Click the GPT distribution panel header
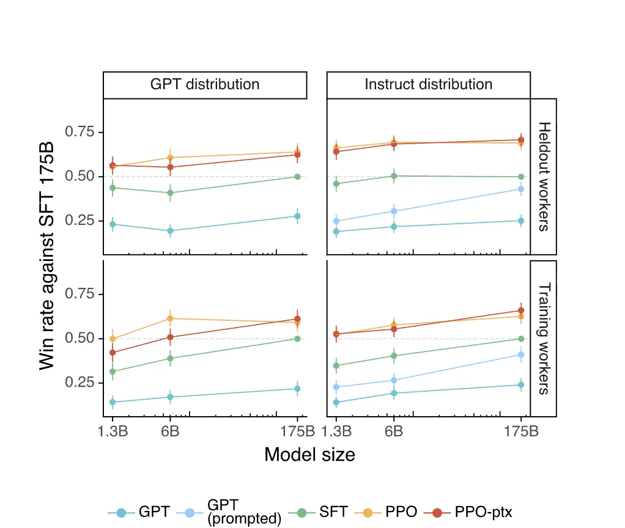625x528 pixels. (205, 84)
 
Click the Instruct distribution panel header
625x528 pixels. (428, 84)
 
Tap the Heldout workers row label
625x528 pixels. (544, 176)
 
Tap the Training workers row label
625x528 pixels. (544, 338)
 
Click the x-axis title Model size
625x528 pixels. (309, 455)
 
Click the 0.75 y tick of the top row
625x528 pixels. (80, 132)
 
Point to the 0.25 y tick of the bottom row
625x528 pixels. (80, 383)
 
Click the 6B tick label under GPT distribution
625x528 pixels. (170, 431)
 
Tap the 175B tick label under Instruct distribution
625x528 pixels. (521, 431)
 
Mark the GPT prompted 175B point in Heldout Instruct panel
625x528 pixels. (521, 189)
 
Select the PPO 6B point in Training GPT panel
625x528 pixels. (171, 318)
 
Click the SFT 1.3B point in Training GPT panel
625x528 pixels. (113, 372)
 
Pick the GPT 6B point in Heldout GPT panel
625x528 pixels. (171, 231)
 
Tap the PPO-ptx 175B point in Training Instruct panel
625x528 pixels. (521, 310)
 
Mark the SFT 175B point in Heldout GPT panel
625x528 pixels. (297, 177)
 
